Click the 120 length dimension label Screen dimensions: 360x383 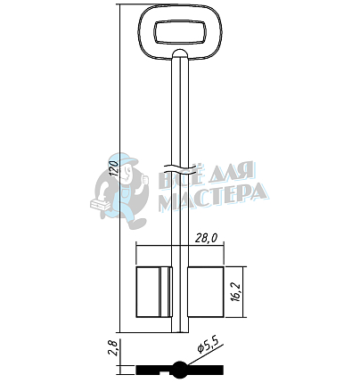(115, 167)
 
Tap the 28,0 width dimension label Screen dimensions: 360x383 (206, 238)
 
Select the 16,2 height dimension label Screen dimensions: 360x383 (235, 292)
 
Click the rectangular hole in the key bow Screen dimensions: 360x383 (180, 32)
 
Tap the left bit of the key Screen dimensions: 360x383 (154, 292)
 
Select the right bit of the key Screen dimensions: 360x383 (206, 292)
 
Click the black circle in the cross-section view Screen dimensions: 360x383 (180, 370)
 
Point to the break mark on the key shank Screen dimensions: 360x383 (180, 168)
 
